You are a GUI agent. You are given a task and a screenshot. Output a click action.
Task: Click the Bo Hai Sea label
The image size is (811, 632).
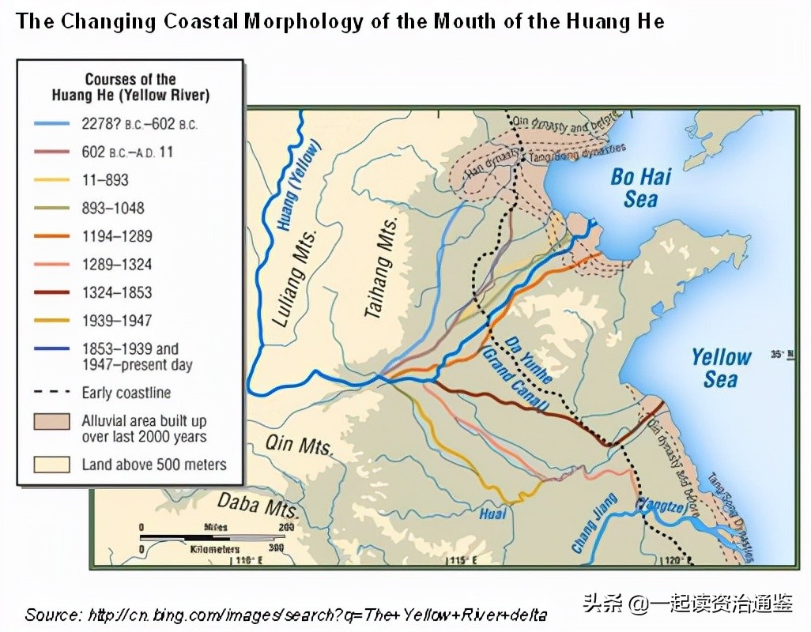[x=640, y=187]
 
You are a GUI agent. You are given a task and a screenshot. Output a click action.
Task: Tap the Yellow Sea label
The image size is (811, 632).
[x=721, y=368]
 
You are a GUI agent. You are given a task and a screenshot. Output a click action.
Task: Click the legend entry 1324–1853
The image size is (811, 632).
[x=116, y=292]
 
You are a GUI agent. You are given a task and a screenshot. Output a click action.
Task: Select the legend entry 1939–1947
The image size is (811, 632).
[x=116, y=321]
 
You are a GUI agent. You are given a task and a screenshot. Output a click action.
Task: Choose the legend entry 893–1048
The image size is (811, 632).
[x=113, y=209]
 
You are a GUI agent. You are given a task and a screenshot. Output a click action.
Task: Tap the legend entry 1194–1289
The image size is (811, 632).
[x=116, y=236]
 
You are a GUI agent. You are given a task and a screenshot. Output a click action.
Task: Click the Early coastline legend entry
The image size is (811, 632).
[x=126, y=393]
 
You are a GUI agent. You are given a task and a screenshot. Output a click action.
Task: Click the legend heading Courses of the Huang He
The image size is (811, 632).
[x=130, y=88]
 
